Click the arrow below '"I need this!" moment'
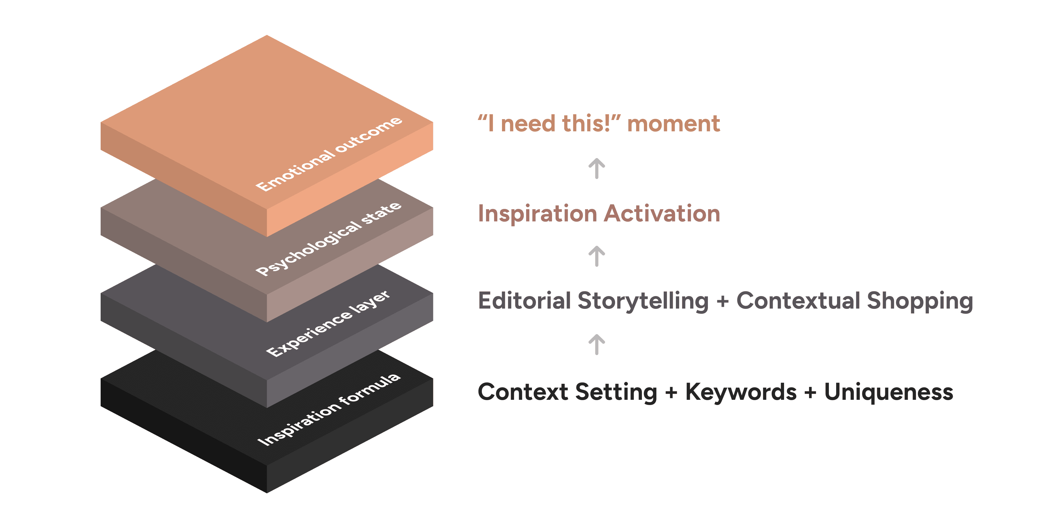[597, 169]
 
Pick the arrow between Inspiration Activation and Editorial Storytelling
[597, 256]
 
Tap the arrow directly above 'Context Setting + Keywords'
[597, 344]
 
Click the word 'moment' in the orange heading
[674, 124]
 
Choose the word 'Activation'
[662, 214]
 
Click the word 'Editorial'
[524, 301]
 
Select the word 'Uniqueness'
[888, 392]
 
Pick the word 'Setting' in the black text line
[616, 393]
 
